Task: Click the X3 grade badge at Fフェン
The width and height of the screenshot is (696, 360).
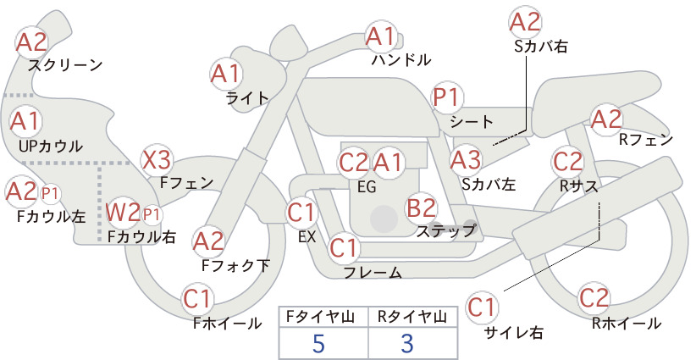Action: coord(157,160)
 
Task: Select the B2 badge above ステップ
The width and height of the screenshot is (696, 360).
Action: coord(421,208)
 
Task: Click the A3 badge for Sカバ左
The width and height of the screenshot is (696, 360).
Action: coord(466,160)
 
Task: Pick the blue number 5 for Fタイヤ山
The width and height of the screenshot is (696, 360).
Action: coord(318,343)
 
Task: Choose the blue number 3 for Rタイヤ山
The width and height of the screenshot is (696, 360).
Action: coord(407,343)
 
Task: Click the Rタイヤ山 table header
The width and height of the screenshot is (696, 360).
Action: coord(412,317)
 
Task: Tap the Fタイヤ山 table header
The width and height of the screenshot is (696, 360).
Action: coord(320,317)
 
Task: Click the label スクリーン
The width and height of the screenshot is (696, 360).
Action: coord(65,65)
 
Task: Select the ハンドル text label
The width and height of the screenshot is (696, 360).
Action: coord(401,59)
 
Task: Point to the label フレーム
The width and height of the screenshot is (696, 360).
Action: coord(373,272)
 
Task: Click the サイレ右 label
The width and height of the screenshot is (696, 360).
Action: coord(513,333)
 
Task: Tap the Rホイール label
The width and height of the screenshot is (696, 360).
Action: coord(627,324)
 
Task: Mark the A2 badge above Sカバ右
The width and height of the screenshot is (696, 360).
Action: coord(525,22)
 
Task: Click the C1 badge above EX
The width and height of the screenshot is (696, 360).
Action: coord(301,212)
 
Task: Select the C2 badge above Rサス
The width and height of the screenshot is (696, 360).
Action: coord(567,162)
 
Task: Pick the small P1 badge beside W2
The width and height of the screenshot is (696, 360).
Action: coord(152,215)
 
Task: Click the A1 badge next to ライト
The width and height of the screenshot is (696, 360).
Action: coord(225,74)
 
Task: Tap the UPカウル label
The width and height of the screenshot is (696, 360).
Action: coord(51,146)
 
